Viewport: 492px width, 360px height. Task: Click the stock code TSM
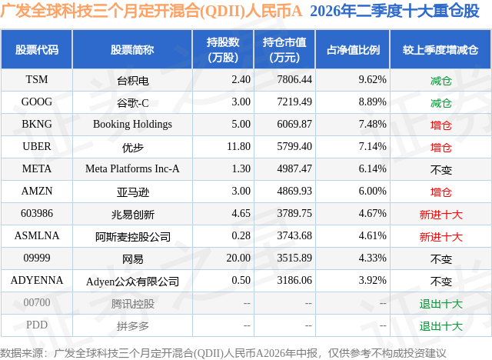(x=37, y=79)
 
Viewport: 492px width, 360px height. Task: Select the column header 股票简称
(x=132, y=49)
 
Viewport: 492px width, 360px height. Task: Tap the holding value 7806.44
(x=294, y=79)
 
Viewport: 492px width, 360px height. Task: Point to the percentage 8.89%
(x=372, y=102)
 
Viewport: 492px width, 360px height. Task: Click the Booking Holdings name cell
(x=132, y=125)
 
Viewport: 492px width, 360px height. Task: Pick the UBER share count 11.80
(x=238, y=146)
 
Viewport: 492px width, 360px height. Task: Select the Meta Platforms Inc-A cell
(x=132, y=168)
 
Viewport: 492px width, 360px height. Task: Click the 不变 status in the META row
(x=440, y=170)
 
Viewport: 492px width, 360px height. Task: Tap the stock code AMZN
(x=37, y=191)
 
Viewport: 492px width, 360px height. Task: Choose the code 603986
(x=37, y=213)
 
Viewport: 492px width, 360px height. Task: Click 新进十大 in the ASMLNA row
(x=440, y=237)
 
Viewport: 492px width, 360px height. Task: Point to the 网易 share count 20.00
(x=238, y=258)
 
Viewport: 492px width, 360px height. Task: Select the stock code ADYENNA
(x=37, y=280)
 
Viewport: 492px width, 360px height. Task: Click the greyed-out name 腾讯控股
(x=132, y=304)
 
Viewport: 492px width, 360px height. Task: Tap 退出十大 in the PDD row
(x=440, y=326)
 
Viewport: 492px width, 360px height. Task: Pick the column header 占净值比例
(x=353, y=49)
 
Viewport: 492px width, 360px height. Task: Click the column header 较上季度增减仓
(x=440, y=49)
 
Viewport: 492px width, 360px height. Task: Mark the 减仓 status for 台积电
(x=440, y=81)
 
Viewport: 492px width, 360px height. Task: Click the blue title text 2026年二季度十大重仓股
(x=394, y=11)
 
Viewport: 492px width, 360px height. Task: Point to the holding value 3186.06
(x=294, y=280)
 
